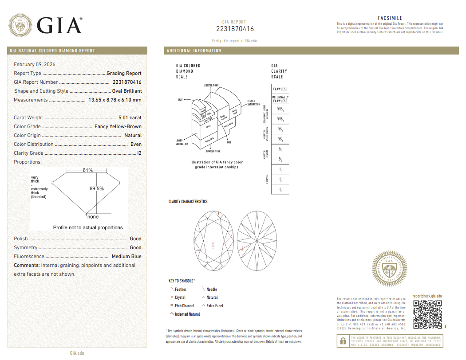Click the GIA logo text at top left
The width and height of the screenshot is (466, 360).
click(x=59, y=26)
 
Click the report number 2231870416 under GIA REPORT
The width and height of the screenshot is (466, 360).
click(x=235, y=29)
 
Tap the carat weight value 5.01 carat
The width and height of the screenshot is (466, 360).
click(x=130, y=117)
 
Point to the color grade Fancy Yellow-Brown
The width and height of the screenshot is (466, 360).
click(x=118, y=126)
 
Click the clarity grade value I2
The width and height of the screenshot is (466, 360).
click(x=139, y=153)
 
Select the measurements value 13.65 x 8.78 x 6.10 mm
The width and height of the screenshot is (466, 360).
click(x=115, y=100)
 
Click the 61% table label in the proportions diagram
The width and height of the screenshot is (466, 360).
click(x=87, y=171)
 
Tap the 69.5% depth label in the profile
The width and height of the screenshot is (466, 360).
click(x=96, y=188)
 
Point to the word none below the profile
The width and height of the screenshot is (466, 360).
click(x=93, y=217)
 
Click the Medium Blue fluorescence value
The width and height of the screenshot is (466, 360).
click(x=126, y=256)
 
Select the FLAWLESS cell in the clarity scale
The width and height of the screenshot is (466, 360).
click(x=280, y=89)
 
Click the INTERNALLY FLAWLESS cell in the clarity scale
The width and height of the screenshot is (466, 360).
click(x=280, y=99)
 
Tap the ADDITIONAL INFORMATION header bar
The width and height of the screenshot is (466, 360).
click(x=194, y=51)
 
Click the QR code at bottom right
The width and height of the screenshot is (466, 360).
click(x=427, y=314)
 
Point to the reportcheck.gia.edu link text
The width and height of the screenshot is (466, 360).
click(x=427, y=296)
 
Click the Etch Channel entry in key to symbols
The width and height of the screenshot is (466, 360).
click(x=184, y=306)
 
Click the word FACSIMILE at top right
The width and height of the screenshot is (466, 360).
click(x=390, y=18)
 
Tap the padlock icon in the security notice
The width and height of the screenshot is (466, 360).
click(x=343, y=341)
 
